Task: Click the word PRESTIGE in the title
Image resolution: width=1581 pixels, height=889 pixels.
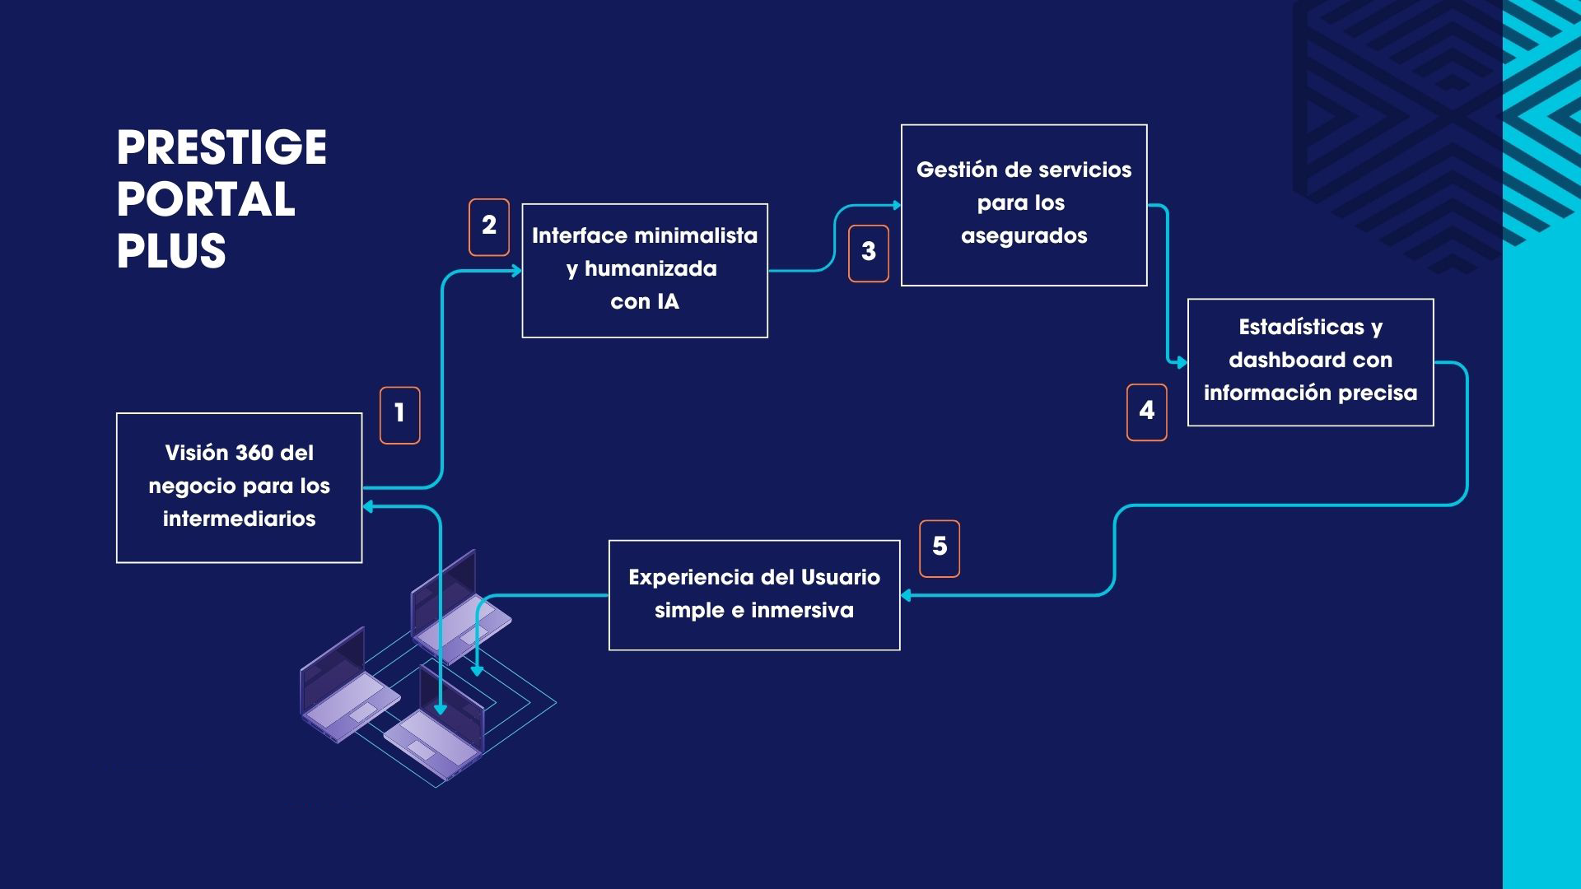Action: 222,148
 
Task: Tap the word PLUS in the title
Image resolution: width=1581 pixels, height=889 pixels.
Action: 171,251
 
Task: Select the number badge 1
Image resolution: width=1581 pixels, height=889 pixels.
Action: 399,415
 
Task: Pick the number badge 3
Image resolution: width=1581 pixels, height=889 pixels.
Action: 869,254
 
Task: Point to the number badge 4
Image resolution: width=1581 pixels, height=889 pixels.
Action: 1147,412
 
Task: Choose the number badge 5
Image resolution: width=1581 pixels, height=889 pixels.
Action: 940,548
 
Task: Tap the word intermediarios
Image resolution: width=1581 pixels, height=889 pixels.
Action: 239,519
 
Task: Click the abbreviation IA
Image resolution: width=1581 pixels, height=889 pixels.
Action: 668,302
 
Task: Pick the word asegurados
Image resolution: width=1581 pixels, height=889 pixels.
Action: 1024,236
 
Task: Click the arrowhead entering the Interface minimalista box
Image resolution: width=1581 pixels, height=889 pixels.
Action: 517,271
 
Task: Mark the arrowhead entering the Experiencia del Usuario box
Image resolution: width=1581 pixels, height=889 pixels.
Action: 906,595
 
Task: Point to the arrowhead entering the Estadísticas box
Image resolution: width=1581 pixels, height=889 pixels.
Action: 1182,362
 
